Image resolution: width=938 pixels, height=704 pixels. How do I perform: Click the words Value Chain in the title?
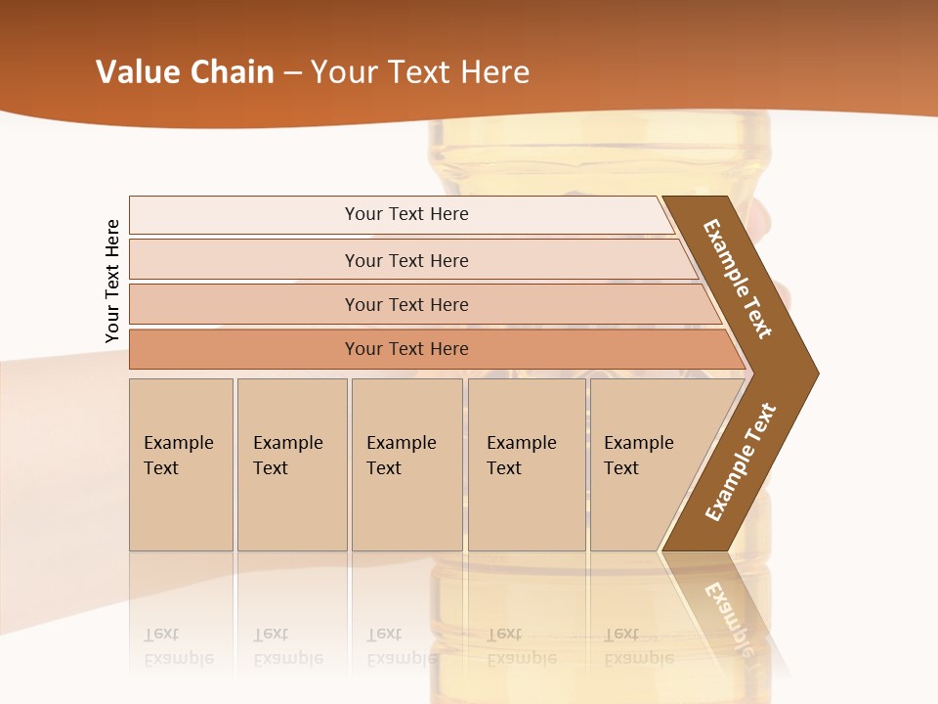[185, 72]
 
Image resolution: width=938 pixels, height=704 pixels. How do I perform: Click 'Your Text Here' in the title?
[420, 72]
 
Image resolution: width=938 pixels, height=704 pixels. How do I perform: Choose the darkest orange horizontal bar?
[244, 349]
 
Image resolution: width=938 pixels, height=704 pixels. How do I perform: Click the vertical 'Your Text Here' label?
[112, 282]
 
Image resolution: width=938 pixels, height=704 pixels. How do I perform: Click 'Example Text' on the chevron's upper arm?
[738, 279]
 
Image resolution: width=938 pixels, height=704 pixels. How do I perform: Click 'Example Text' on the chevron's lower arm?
[741, 462]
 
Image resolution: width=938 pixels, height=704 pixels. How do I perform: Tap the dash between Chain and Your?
[292, 72]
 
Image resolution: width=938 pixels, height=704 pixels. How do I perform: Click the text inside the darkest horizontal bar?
[406, 349]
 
